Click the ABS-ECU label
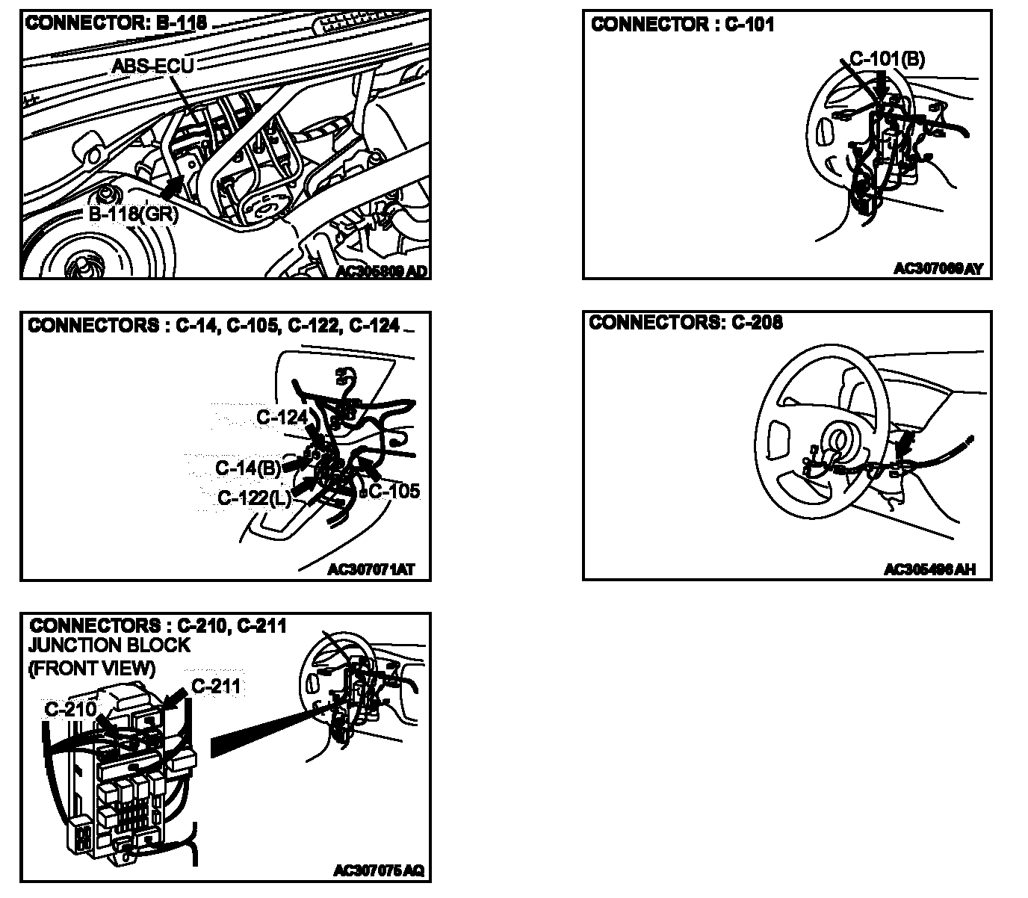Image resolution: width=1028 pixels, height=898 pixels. pos(152,66)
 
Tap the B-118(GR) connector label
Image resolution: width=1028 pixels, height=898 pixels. pos(134,214)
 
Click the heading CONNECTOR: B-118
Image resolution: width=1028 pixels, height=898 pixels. pos(116,23)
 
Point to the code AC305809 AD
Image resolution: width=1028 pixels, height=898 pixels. pos(382,272)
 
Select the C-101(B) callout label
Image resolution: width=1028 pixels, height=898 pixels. pos(887,59)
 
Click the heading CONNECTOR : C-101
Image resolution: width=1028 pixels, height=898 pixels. pos(682,25)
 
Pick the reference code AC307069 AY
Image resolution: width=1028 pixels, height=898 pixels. pos(938,268)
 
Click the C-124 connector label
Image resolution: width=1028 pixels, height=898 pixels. pos(282,417)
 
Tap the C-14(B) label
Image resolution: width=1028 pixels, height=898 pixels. pos(248,468)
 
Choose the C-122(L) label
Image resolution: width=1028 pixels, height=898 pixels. pos(254,498)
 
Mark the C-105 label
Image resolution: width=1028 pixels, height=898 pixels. pos(394,492)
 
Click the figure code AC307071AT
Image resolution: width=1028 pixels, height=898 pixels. pos(371,570)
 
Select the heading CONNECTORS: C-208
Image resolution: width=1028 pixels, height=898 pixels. pos(686,323)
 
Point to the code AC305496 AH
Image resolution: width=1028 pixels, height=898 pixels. pos(929,570)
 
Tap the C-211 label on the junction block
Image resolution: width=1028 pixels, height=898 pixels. pos(217,685)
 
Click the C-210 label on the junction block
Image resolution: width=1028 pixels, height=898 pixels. pos(70,709)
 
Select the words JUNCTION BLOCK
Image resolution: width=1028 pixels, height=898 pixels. pos(109,645)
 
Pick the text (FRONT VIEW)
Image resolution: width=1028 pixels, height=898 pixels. pos(92,668)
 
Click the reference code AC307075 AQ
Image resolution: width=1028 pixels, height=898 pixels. pos(379,871)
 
